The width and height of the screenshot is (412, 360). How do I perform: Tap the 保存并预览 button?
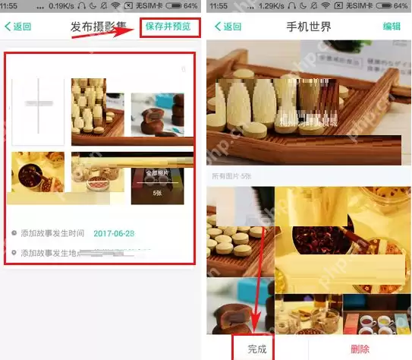(171, 27)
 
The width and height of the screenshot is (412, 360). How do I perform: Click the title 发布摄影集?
(99, 27)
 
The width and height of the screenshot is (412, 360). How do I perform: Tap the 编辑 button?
(392, 27)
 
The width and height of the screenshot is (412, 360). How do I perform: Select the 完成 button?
(257, 348)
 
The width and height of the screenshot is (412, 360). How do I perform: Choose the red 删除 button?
(360, 348)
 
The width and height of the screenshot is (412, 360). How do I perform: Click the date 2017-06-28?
(114, 233)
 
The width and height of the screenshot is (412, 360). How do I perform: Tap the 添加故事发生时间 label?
(52, 233)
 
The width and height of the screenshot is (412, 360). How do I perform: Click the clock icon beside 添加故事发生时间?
(14, 233)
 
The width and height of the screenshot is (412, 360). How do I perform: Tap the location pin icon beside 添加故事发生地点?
(14, 253)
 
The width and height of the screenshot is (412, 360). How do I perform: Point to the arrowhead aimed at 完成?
(256, 325)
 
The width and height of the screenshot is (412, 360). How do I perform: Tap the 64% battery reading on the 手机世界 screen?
(401, 5)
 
